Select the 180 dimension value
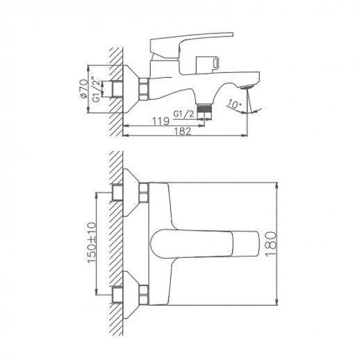287,243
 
